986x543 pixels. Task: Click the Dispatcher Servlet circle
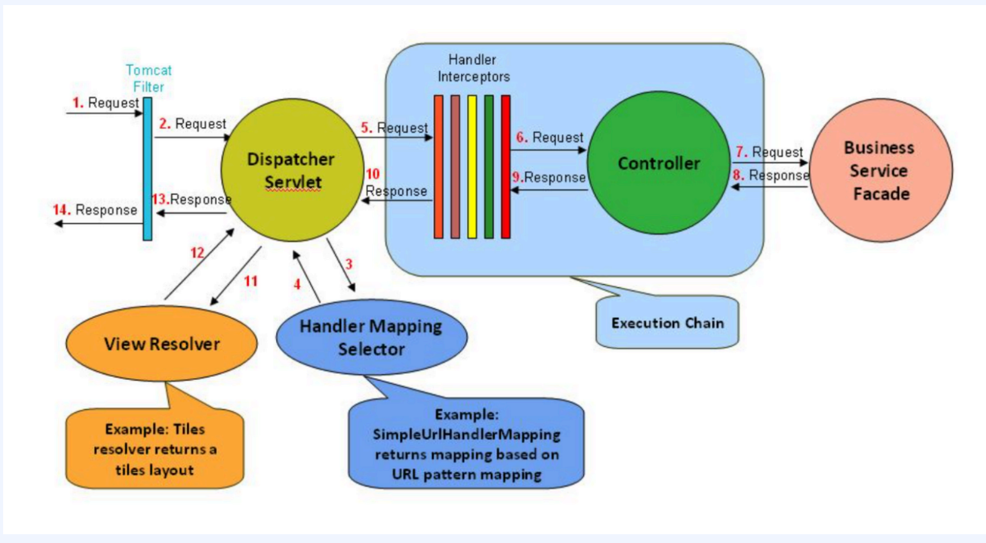tap(292, 170)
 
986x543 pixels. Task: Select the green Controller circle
tap(658, 163)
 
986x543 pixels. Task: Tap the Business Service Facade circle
tap(880, 171)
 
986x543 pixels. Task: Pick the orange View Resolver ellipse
tap(162, 344)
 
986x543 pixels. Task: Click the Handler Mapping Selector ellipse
tap(371, 337)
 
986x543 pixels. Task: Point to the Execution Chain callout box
tap(667, 323)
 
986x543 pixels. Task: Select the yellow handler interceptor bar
tap(472, 167)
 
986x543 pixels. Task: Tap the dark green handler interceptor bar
tap(489, 167)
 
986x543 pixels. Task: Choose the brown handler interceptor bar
tap(455, 167)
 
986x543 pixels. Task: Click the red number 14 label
tap(62, 210)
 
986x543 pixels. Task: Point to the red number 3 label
tap(349, 264)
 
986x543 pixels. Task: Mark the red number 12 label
tap(197, 253)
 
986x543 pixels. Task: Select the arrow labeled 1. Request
tap(104, 113)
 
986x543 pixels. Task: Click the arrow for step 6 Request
tap(547, 150)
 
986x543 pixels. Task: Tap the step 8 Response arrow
tap(770, 186)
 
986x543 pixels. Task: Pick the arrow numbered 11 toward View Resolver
tap(235, 276)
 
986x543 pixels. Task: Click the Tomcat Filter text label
tap(148, 79)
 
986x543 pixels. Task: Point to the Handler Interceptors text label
tap(473, 68)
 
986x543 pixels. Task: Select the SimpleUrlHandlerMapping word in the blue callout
tap(466, 435)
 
